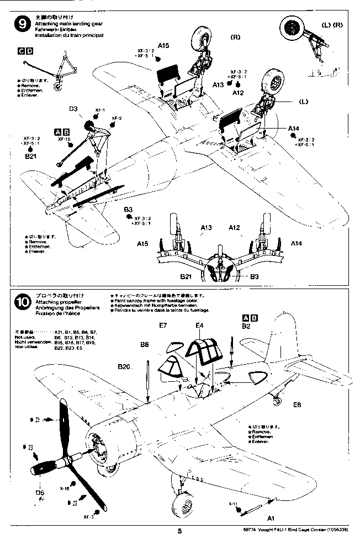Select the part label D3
pyautogui.click(x=75, y=109)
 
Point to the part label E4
pyautogui.click(x=200, y=325)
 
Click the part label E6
pyautogui.click(x=297, y=404)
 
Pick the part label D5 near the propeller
pyautogui.click(x=40, y=492)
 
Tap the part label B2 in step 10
pyautogui.click(x=246, y=326)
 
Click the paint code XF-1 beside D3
pyautogui.click(x=100, y=110)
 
